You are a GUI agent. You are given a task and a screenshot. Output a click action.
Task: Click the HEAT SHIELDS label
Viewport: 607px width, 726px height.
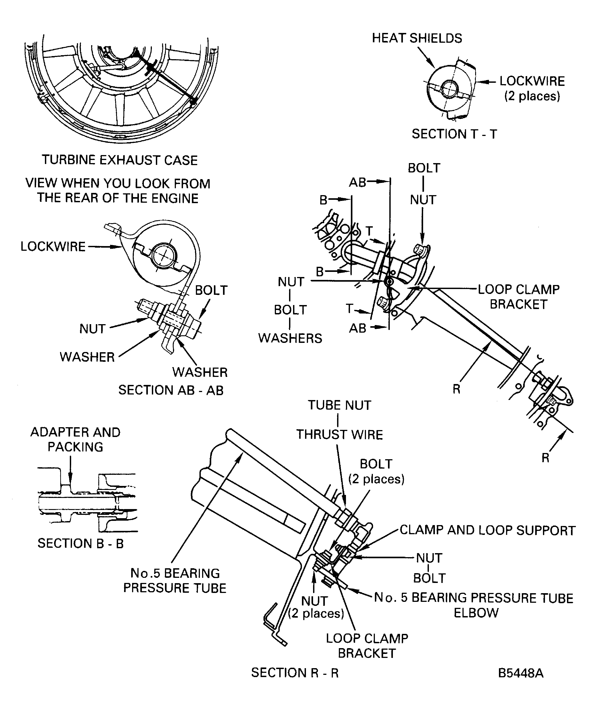click(x=417, y=38)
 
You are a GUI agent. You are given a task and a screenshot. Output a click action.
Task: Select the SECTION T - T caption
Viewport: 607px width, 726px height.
click(x=454, y=134)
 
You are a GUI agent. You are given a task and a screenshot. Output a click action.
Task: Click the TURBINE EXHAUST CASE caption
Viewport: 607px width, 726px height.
click(x=120, y=160)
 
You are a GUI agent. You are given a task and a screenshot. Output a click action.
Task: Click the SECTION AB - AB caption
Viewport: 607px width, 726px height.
click(x=171, y=390)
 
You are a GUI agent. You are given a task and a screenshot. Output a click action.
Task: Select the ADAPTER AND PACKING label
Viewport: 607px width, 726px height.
click(x=75, y=439)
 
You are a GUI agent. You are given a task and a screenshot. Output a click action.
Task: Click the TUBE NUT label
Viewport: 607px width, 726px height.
click(x=339, y=405)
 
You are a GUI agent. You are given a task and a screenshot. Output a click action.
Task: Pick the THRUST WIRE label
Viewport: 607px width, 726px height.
click(x=339, y=435)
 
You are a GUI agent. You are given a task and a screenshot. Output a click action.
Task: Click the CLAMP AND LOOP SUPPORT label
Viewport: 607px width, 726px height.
click(x=487, y=530)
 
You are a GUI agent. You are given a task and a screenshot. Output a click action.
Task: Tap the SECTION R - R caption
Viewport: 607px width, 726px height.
click(x=294, y=672)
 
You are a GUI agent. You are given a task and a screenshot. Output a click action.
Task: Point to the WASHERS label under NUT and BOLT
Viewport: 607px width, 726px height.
click(x=290, y=338)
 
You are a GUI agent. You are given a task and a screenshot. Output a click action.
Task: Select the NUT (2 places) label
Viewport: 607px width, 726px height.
click(x=316, y=607)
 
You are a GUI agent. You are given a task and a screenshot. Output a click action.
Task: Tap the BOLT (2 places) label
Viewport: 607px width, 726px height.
click(x=376, y=471)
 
